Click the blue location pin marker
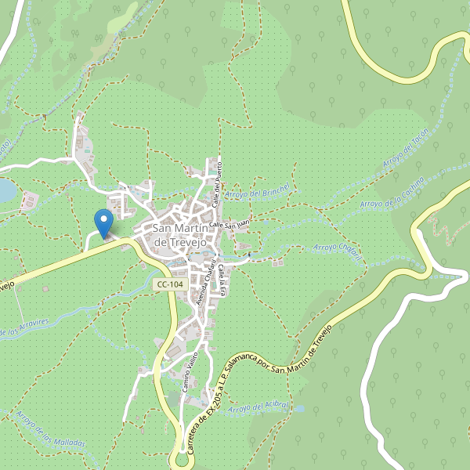pyautogui.click(x=103, y=221)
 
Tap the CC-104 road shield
pyautogui.click(x=171, y=285)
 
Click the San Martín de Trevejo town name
pyautogui.click(x=183, y=235)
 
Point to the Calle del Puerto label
pyautogui.click(x=219, y=179)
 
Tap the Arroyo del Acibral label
pyautogui.click(x=261, y=408)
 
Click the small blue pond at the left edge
pyautogui.click(x=5, y=190)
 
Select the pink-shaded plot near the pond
pyautogui.click(x=29, y=201)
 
